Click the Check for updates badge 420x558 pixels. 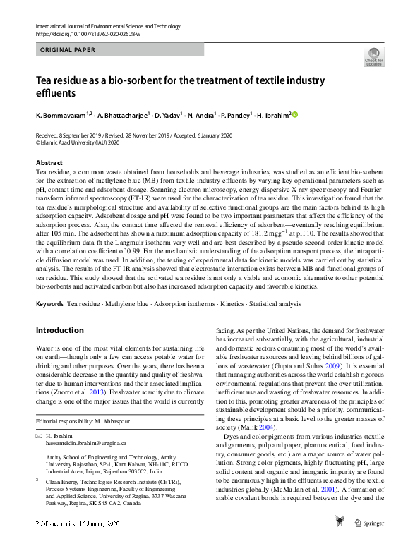point(373,57)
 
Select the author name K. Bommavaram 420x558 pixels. point(59,114)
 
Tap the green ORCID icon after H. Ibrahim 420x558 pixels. point(295,114)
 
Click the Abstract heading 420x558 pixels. point(49,163)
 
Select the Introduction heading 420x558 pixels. point(59,330)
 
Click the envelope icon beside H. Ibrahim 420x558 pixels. point(39,436)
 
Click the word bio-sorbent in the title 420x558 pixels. point(138,80)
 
